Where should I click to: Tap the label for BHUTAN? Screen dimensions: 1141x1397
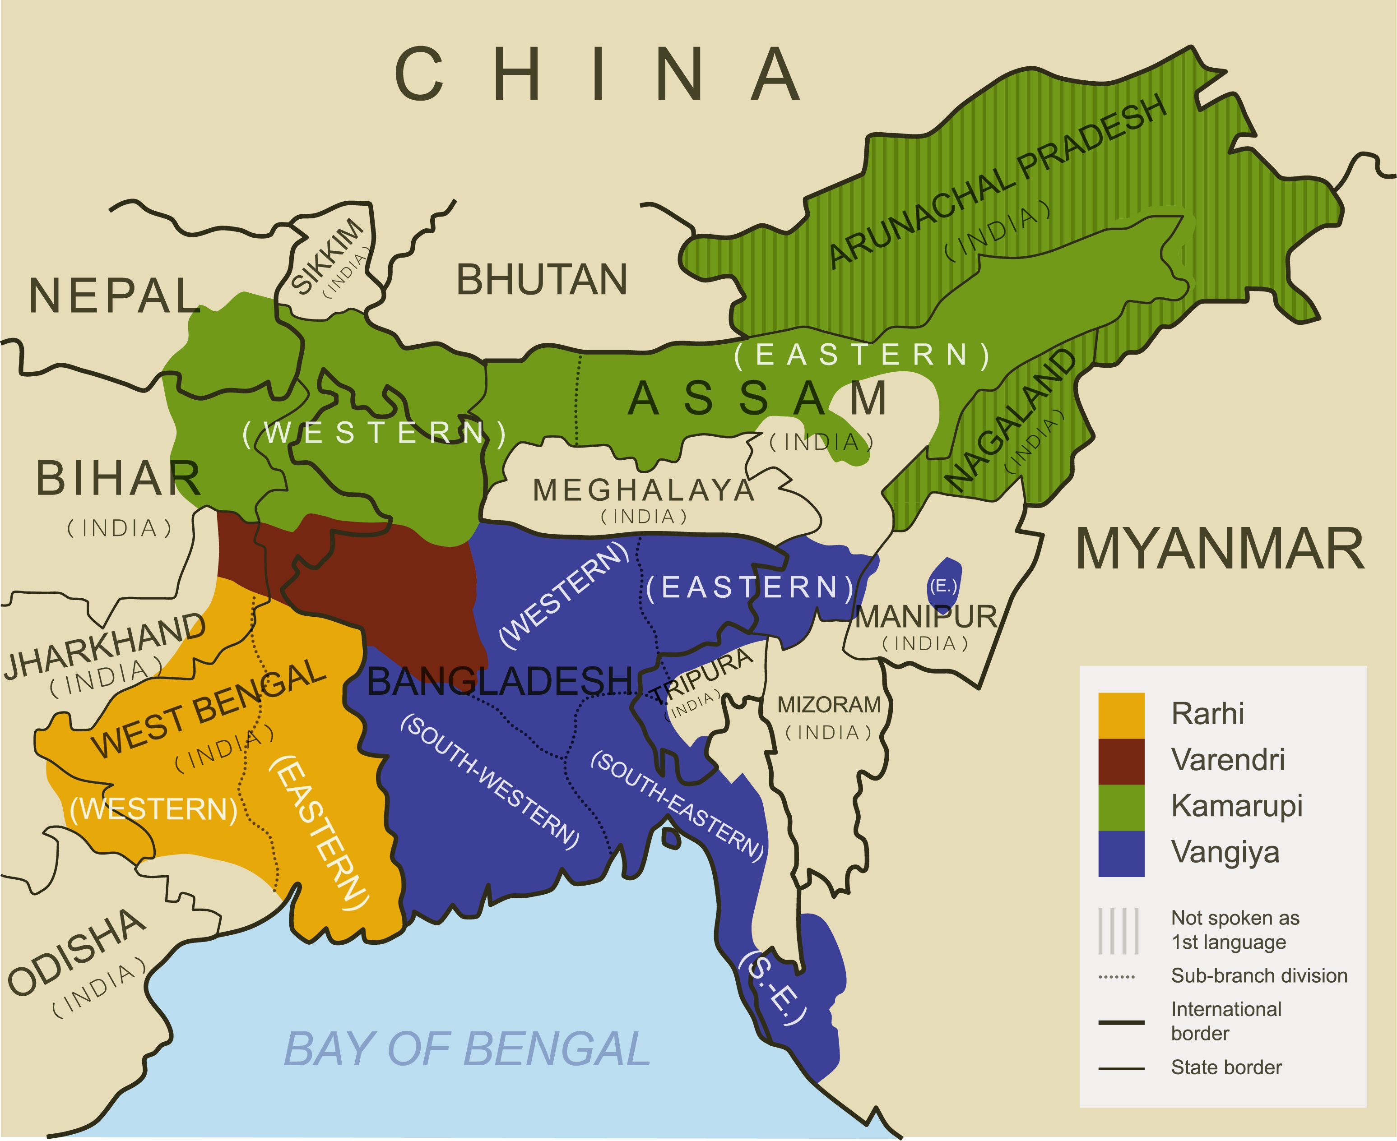(542, 279)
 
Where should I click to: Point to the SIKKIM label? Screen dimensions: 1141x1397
(327, 256)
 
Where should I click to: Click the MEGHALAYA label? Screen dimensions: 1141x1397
(644, 490)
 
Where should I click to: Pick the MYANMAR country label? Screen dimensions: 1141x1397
(1220, 550)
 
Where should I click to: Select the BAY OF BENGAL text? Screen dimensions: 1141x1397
(467, 1050)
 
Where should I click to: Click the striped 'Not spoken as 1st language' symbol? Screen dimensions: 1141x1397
(1118, 931)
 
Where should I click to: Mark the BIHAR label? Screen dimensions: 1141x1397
(118, 479)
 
